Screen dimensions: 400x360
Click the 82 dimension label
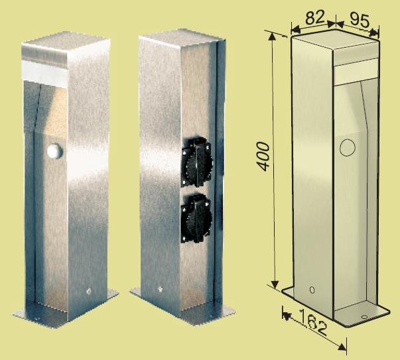coord(315,17)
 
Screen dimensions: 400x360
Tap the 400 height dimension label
coord(263,156)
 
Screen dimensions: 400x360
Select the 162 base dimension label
coord(312,322)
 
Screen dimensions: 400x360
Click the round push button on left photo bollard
coord(54,151)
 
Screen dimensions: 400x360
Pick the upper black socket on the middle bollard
coord(196,162)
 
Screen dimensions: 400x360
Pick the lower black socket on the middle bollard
coord(196,218)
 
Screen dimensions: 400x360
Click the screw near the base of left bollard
coord(89,291)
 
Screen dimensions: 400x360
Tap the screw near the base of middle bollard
coord(161,289)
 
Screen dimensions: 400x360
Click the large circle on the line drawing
coord(348,147)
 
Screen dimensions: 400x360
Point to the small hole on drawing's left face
coord(312,290)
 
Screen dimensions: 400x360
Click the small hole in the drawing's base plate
coord(364,317)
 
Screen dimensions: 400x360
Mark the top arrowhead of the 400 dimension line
coord(273,36)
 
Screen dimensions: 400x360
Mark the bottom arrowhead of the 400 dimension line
coord(275,284)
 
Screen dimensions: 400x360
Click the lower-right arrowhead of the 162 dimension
coord(342,346)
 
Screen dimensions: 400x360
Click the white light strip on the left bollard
coord(44,70)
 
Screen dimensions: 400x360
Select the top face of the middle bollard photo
coord(182,35)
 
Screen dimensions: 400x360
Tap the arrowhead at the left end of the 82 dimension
coord(295,30)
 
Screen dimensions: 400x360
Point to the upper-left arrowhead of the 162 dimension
coord(287,316)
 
